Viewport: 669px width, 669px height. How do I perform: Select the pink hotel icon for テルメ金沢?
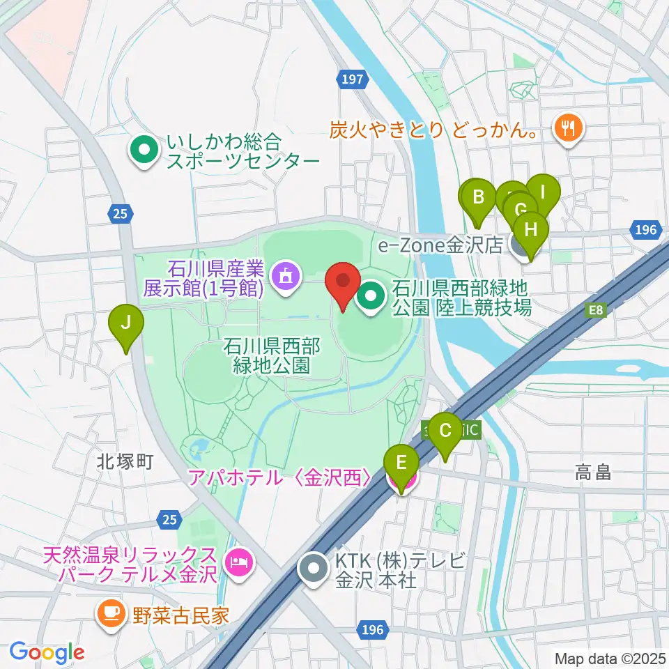point(238,559)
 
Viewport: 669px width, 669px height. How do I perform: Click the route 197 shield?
point(353,79)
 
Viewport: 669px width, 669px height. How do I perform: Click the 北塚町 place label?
point(125,461)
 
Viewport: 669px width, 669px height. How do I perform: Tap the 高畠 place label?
point(594,473)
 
